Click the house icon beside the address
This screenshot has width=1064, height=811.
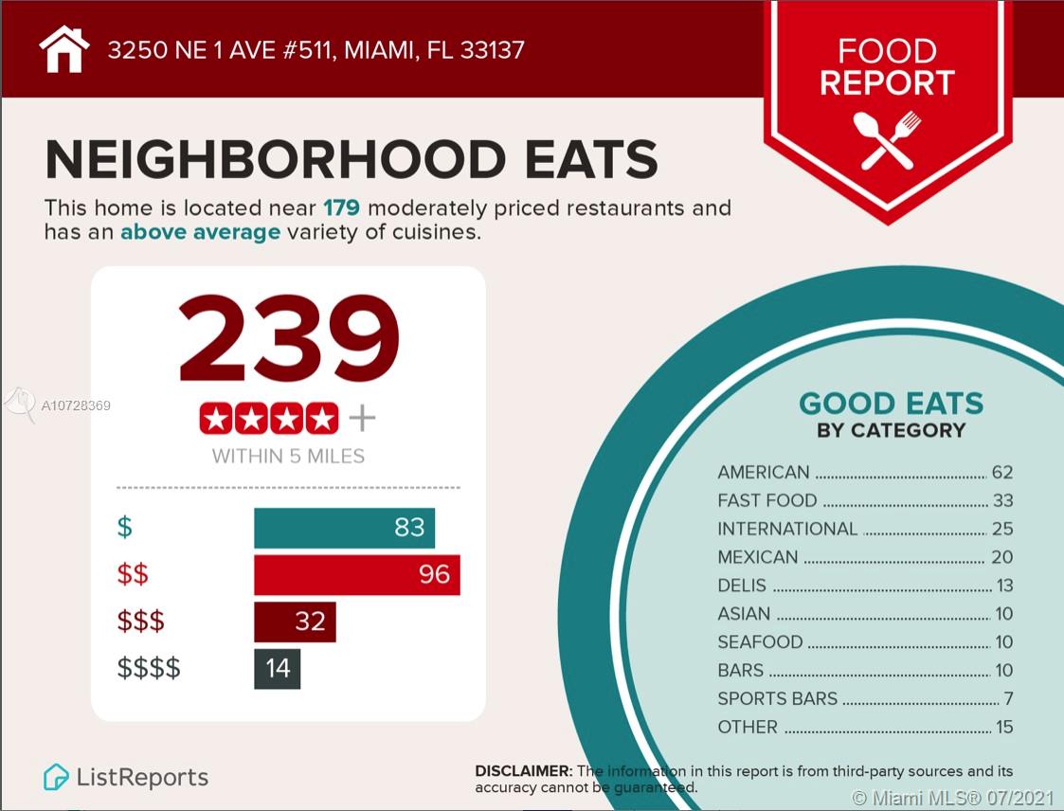click(64, 49)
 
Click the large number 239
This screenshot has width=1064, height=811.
click(288, 339)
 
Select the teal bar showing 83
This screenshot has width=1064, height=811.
click(344, 527)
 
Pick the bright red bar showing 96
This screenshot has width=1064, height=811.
click(356, 574)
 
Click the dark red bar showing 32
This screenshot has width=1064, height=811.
click(295, 622)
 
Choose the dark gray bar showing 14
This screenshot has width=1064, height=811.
click(277, 668)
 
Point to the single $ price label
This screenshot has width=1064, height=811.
click(125, 527)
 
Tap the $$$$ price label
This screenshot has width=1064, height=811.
click(149, 668)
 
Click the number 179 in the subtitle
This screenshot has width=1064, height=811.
click(342, 207)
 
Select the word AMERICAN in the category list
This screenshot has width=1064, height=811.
click(764, 472)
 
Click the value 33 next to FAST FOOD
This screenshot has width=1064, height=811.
click(1002, 500)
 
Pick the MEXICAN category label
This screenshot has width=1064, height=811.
click(758, 557)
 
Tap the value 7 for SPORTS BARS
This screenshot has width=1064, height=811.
click(1008, 699)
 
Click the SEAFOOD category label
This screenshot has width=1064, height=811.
click(760, 642)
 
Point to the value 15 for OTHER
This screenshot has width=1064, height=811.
click(1003, 728)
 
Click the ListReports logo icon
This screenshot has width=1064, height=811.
click(56, 778)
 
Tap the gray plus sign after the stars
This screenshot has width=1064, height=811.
click(362, 418)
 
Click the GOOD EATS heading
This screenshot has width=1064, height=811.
click(891, 404)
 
